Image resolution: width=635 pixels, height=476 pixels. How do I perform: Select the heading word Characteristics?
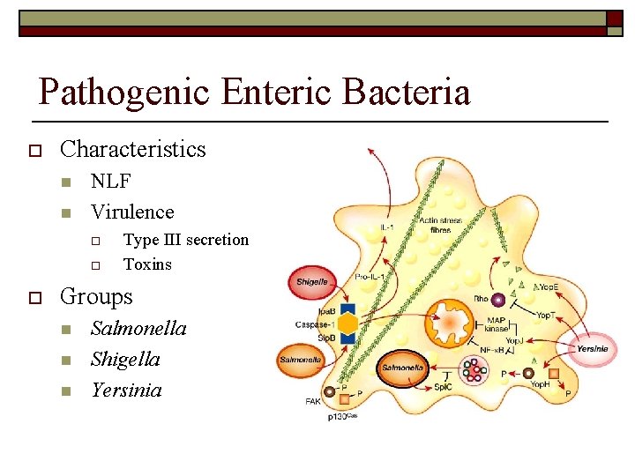pyautogui.click(x=132, y=149)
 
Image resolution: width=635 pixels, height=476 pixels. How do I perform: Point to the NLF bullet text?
pyautogui.click(x=111, y=182)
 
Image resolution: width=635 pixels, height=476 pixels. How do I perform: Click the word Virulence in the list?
pyautogui.click(x=132, y=212)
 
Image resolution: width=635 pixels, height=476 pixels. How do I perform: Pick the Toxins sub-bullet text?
pyautogui.click(x=147, y=264)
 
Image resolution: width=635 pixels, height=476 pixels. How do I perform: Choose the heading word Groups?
pyautogui.click(x=96, y=296)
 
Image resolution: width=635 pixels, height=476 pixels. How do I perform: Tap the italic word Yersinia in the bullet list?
pyautogui.click(x=126, y=390)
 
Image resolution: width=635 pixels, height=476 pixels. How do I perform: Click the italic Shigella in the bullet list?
pyautogui.click(x=125, y=359)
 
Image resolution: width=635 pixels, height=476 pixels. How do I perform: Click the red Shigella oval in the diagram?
pyautogui.click(x=312, y=281)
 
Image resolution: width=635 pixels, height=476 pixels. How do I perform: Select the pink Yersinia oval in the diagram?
pyautogui.click(x=593, y=348)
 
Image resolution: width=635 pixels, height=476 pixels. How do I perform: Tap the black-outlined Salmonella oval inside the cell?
pyautogui.click(x=403, y=367)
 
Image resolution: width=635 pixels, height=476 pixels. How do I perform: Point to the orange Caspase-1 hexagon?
pyautogui.click(x=347, y=324)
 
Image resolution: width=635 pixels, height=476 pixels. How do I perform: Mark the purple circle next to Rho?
pyautogui.click(x=498, y=300)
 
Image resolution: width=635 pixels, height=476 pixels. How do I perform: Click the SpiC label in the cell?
pyautogui.click(x=444, y=387)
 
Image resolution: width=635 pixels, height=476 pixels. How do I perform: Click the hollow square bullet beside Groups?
pyautogui.click(x=34, y=297)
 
